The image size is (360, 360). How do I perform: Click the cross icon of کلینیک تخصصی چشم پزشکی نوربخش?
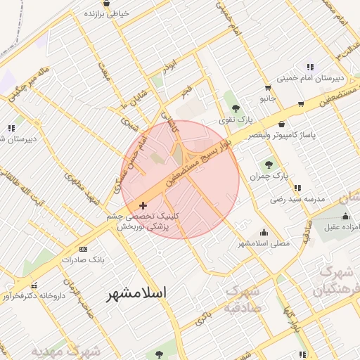click(143, 206)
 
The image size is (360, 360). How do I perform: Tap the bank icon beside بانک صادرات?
click(83, 249)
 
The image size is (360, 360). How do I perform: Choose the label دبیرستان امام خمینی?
click(310, 79)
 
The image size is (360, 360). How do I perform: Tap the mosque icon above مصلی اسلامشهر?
click(264, 232)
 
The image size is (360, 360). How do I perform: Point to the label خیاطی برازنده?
click(108, 13)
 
